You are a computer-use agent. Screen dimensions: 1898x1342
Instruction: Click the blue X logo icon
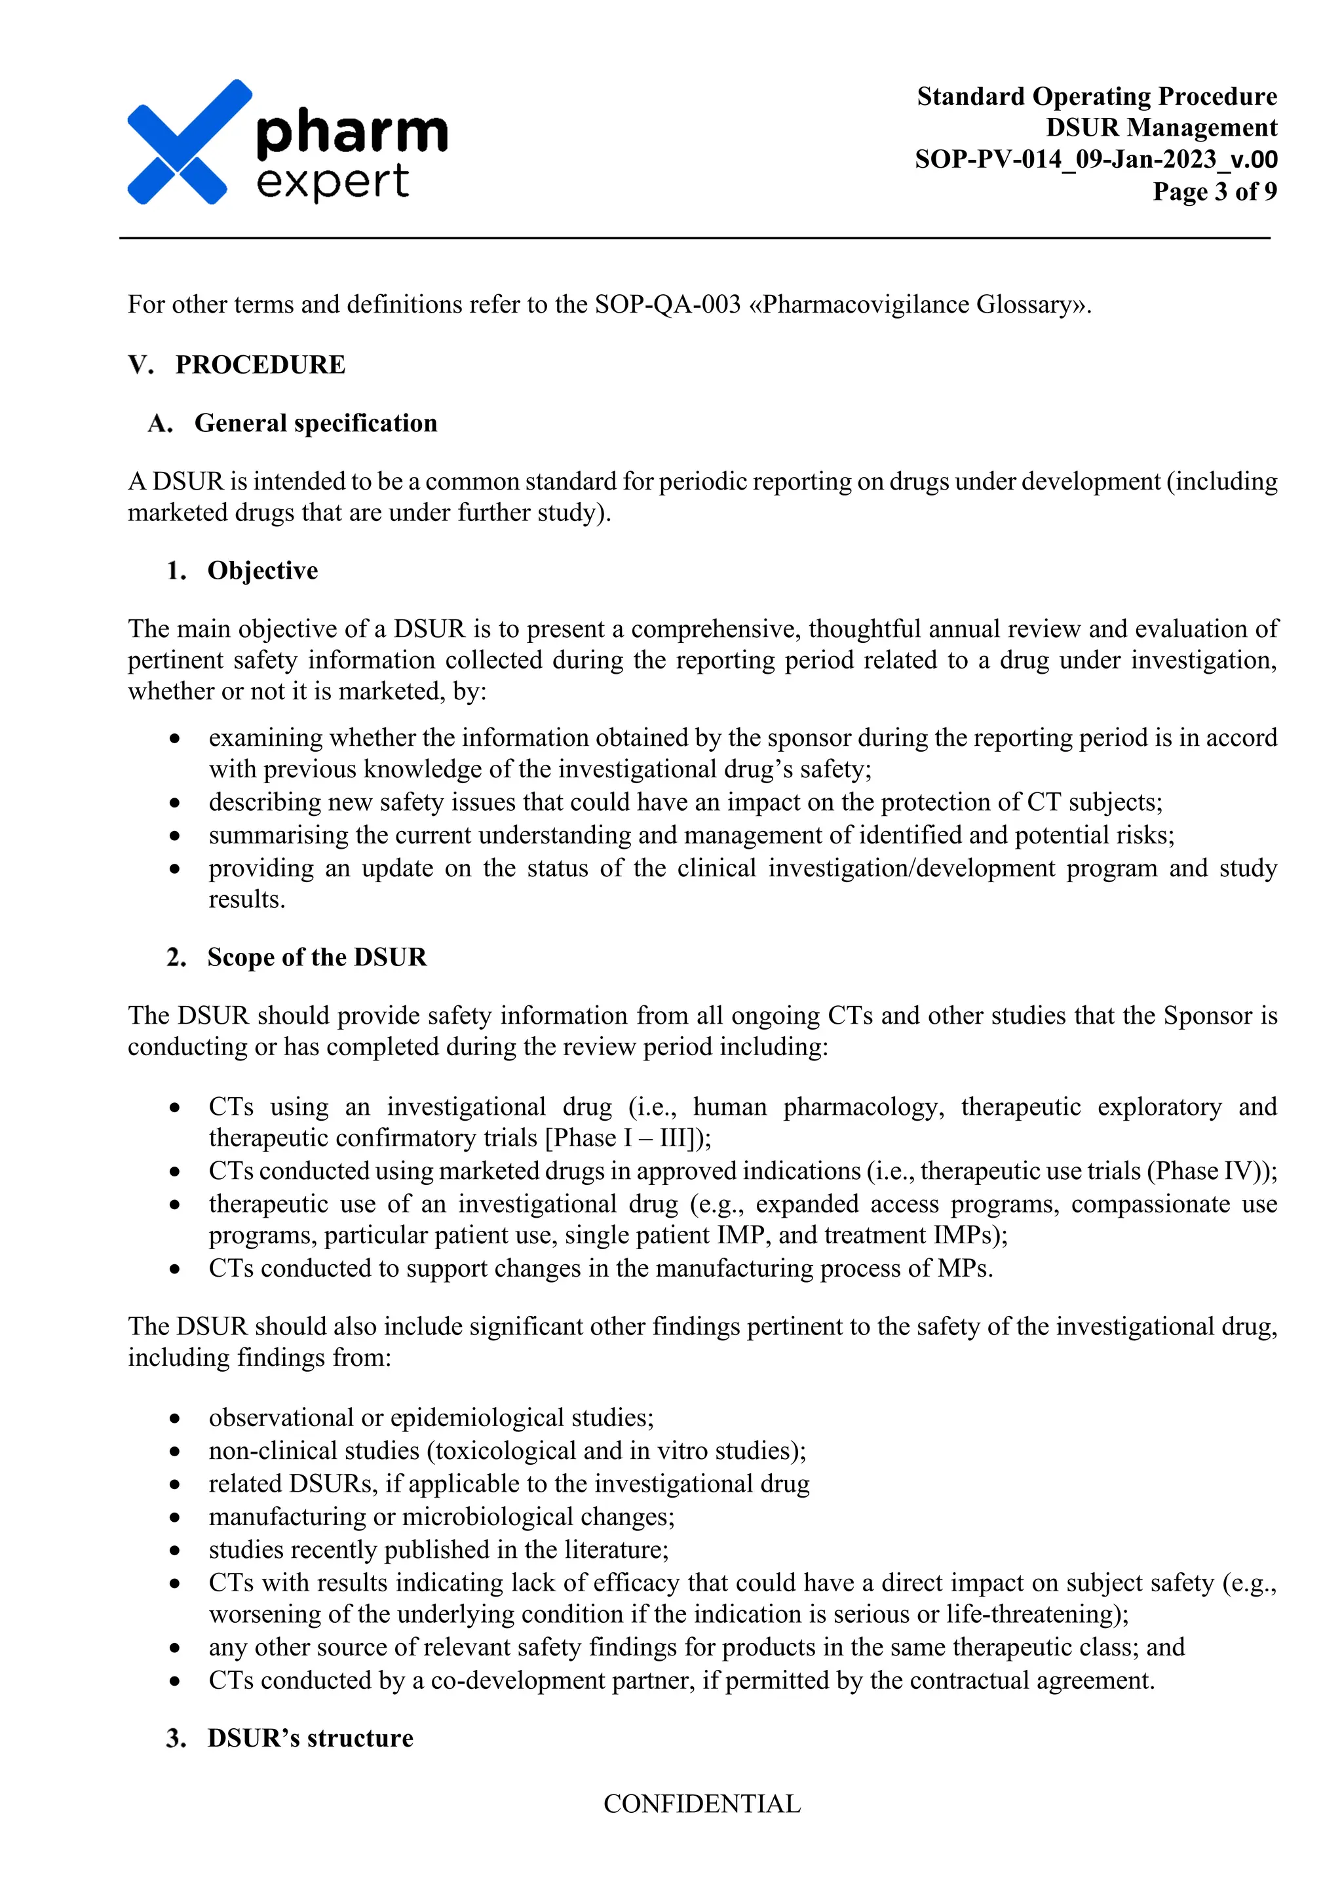pyautogui.click(x=189, y=142)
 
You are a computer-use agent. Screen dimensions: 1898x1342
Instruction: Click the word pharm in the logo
pyautogui.click(x=352, y=132)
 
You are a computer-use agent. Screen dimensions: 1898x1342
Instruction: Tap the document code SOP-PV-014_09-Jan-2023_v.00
pyautogui.click(x=1096, y=159)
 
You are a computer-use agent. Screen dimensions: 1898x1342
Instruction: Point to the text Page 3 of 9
pyautogui.click(x=1214, y=191)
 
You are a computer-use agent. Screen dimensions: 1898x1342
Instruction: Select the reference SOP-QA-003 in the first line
pyautogui.click(x=668, y=304)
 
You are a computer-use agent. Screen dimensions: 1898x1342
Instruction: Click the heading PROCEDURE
pyautogui.click(x=260, y=364)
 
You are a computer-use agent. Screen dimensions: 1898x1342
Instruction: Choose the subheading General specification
pyautogui.click(x=316, y=423)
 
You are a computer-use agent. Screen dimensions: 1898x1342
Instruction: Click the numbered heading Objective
pyautogui.click(x=262, y=570)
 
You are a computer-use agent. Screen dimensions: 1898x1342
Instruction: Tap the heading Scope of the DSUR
pyautogui.click(x=316, y=958)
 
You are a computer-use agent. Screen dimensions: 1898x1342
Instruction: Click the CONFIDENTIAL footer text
pyautogui.click(x=702, y=1804)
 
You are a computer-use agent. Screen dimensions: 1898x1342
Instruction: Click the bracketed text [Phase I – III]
pyautogui.click(x=624, y=1138)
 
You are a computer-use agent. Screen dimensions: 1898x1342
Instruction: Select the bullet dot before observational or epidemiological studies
pyautogui.click(x=174, y=1418)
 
